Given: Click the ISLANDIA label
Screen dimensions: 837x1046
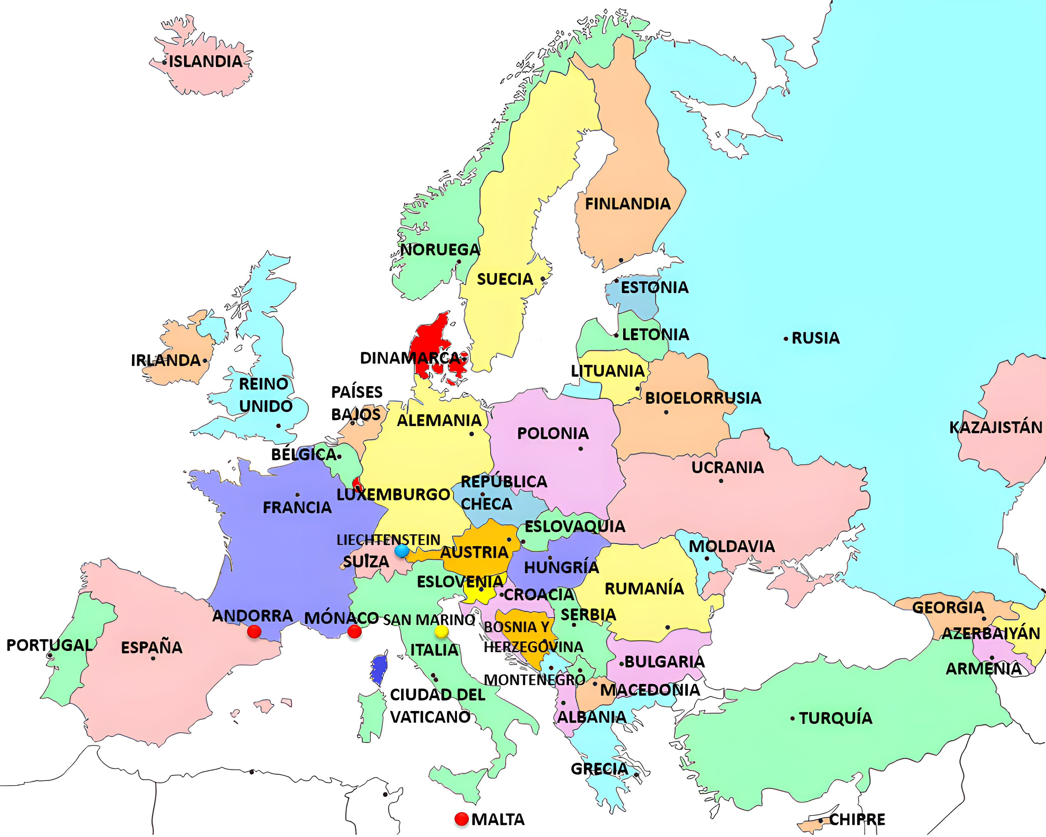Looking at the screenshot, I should click(x=205, y=62).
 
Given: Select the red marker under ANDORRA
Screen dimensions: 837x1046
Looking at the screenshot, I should click(x=254, y=632).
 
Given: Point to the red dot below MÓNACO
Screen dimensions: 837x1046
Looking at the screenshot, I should click(x=355, y=631).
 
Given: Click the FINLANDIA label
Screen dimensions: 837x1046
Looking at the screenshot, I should click(x=628, y=204).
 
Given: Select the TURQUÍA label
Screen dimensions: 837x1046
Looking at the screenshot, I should click(x=835, y=718).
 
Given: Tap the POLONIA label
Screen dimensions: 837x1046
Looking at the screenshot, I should click(x=553, y=434).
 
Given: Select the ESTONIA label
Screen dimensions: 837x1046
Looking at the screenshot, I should click(x=654, y=288).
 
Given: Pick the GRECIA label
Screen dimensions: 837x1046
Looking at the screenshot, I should click(x=600, y=769).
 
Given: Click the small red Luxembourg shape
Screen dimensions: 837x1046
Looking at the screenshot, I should click(x=358, y=484).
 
